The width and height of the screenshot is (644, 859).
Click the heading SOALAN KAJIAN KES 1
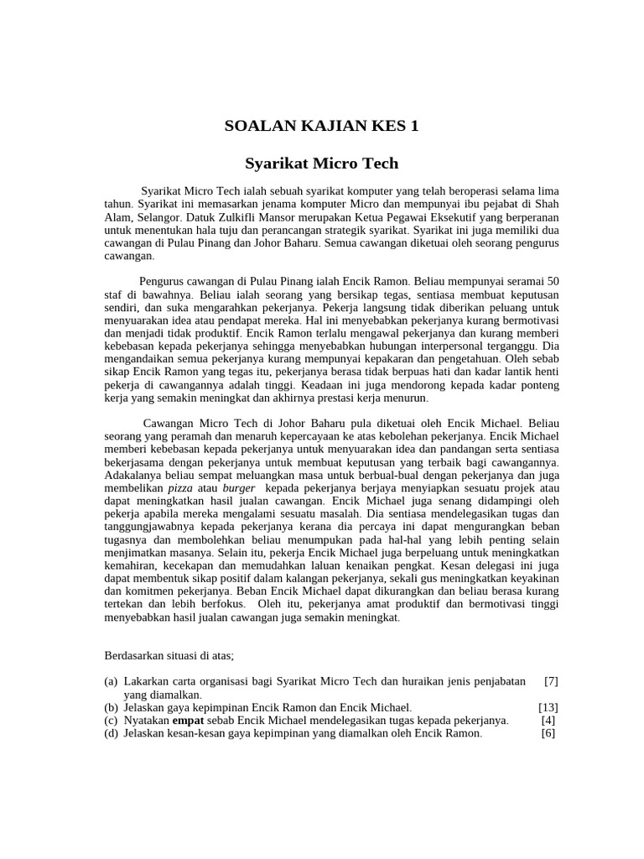(x=321, y=127)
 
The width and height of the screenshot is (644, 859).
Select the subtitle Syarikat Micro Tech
(x=321, y=163)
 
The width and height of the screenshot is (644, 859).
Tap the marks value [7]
(x=550, y=681)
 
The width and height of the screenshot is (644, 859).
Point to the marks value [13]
(x=548, y=707)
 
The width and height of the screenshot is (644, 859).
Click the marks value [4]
(x=548, y=720)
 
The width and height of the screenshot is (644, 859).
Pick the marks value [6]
(x=548, y=732)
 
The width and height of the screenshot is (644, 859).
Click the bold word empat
(x=189, y=720)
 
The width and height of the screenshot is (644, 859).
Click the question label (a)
(x=112, y=681)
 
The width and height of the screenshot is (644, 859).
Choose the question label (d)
(x=112, y=732)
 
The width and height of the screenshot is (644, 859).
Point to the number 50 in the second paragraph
(x=552, y=281)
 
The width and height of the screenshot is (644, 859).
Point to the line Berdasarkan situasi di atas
(x=164, y=655)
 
